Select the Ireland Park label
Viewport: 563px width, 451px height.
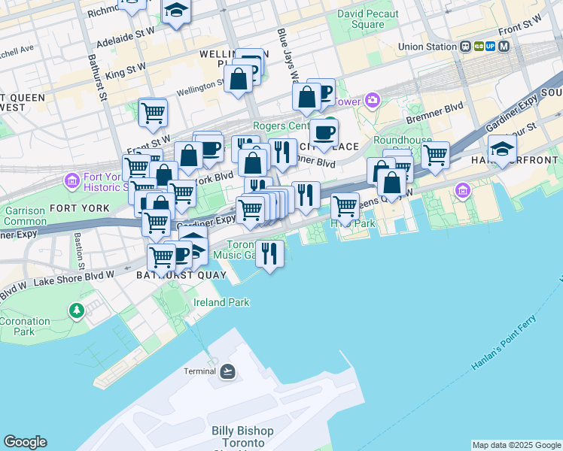coord(221,302)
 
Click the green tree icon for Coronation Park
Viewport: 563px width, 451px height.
coord(76,310)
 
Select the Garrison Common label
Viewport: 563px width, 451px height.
coord(25,216)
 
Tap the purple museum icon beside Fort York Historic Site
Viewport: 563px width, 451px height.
coord(72,181)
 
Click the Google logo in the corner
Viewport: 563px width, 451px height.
coord(25,442)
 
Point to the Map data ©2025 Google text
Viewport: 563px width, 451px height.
coord(516,445)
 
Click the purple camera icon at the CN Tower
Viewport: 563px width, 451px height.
coord(373,101)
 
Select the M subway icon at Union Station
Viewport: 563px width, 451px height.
coord(503,47)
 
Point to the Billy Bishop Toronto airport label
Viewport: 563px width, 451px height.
coord(242,437)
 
